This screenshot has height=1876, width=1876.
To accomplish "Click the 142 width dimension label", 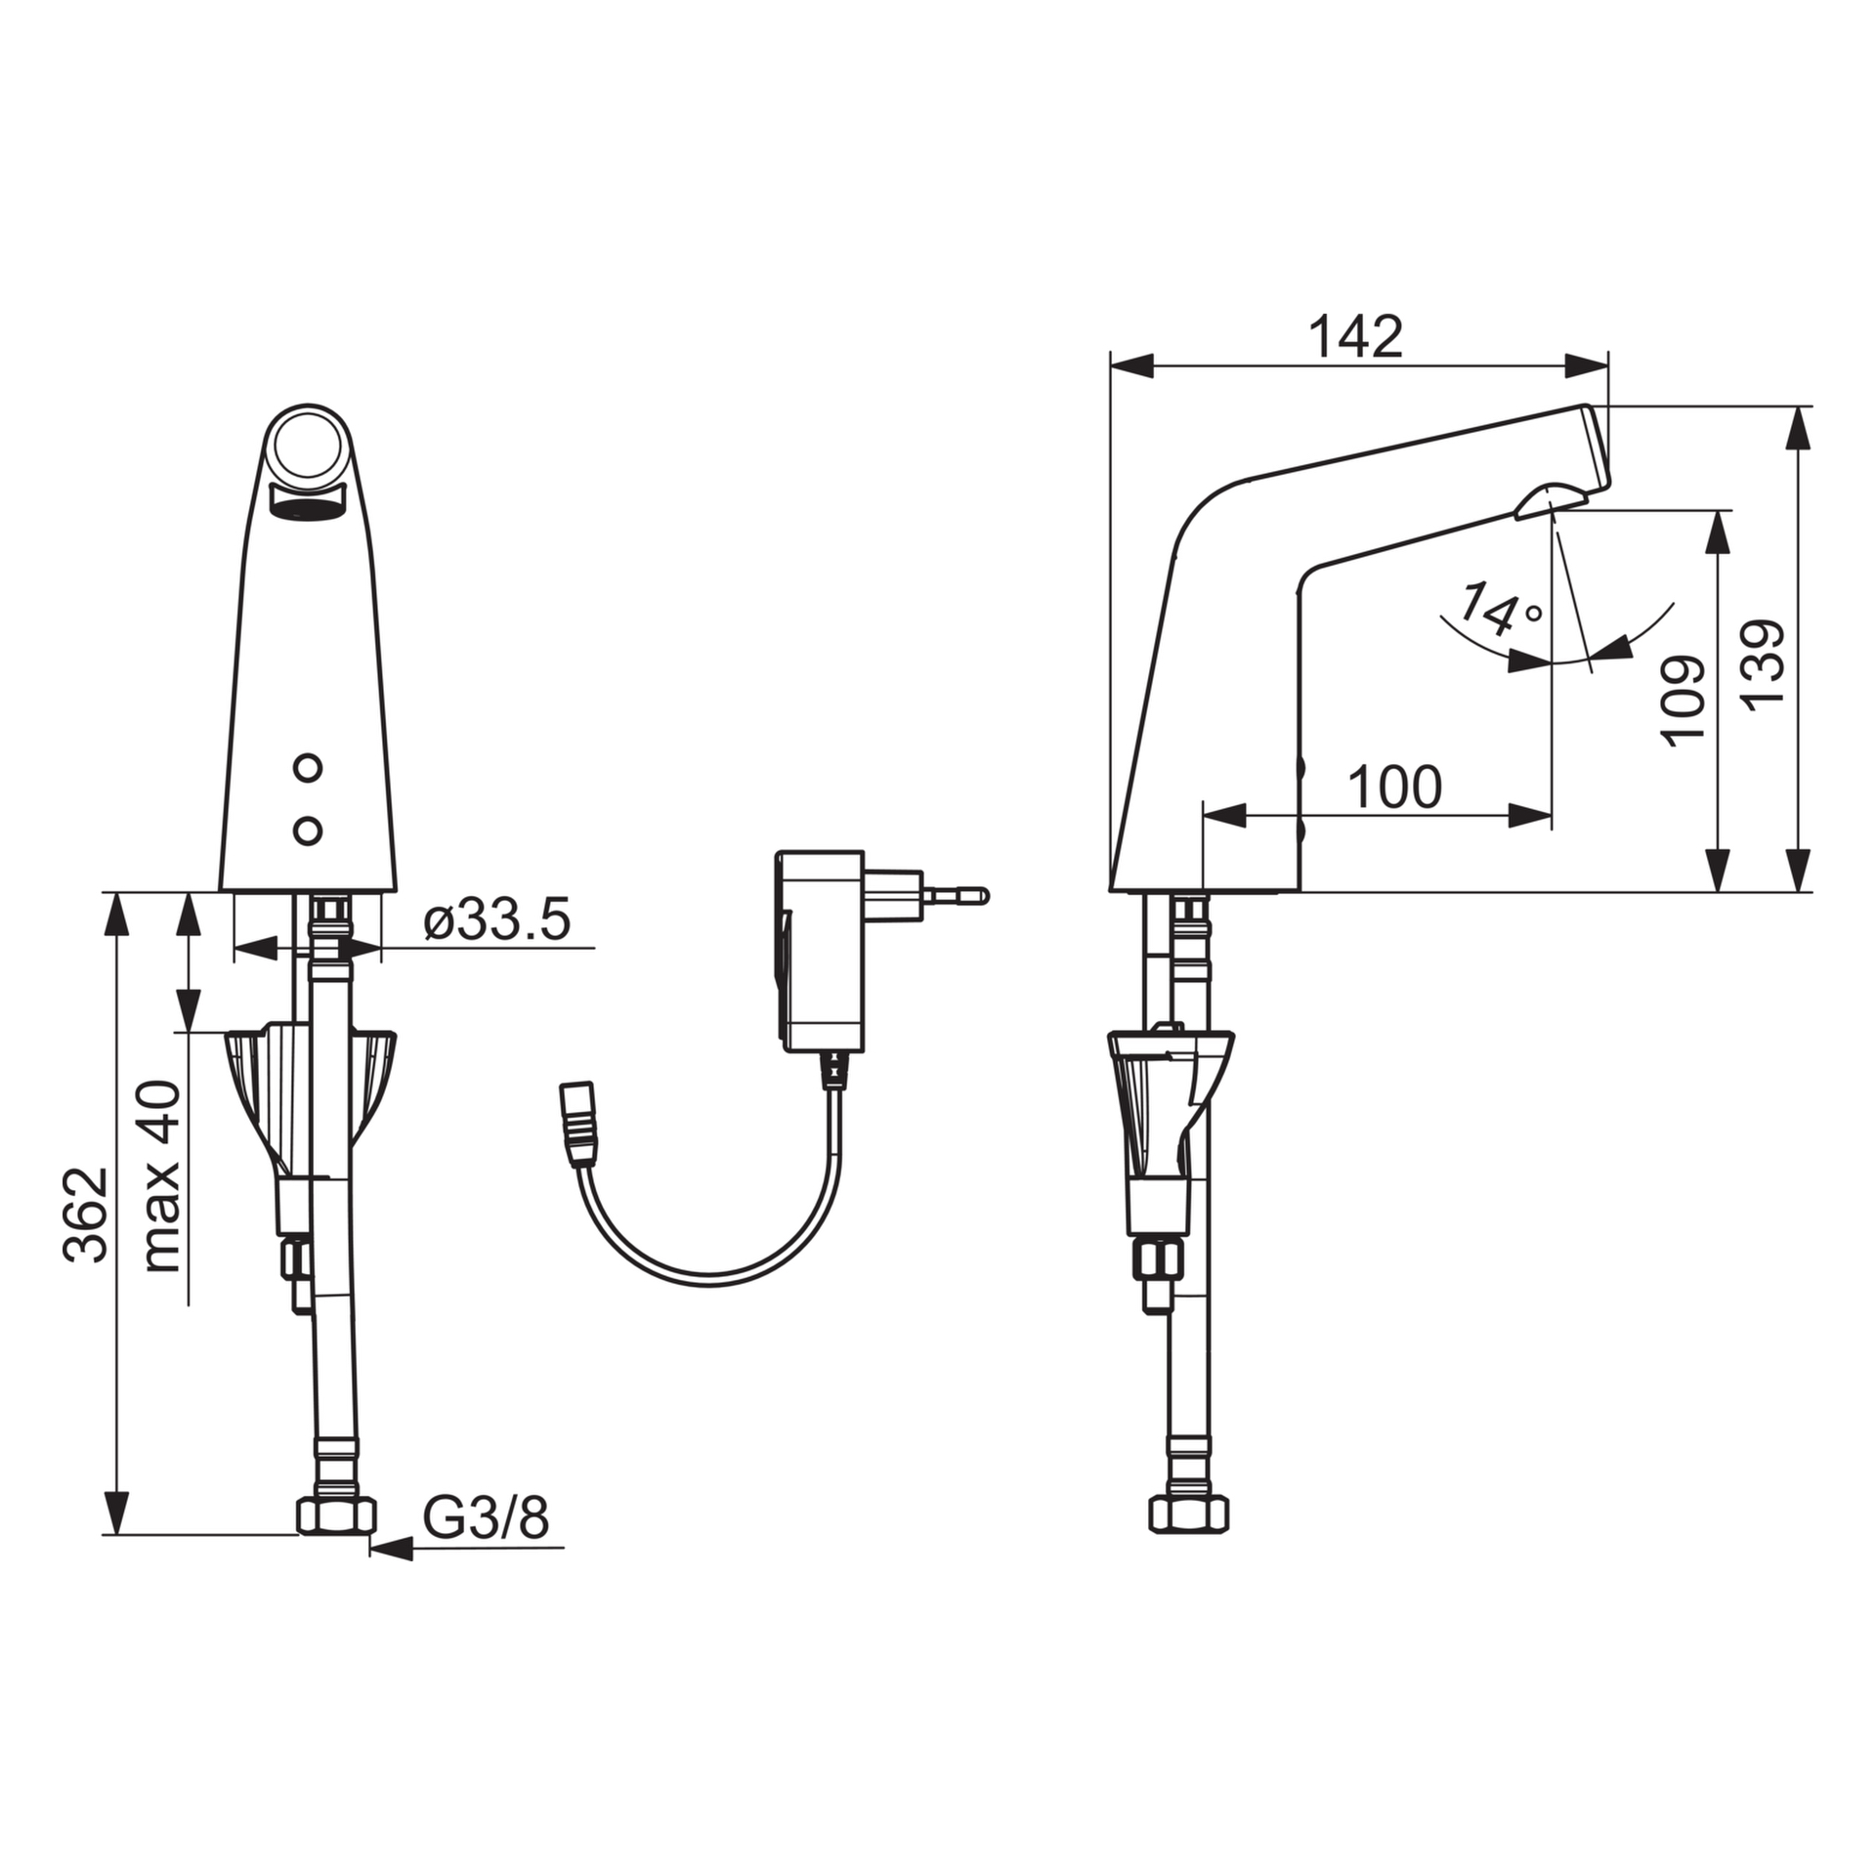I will click(1355, 338).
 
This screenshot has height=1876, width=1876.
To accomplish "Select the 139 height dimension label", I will click(1765, 663).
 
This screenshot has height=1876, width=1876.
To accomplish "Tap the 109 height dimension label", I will click(1684, 702).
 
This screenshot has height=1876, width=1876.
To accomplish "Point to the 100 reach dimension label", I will click(1395, 788).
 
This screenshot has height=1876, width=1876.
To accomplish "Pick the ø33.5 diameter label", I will click(497, 920).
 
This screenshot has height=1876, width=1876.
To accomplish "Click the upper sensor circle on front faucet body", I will click(308, 768).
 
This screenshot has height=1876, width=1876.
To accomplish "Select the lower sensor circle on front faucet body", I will click(308, 831).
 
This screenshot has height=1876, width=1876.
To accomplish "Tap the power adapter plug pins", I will click(954, 894).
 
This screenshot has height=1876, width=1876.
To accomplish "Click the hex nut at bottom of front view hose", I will click(335, 1514).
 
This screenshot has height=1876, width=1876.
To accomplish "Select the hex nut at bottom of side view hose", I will click(1189, 1514).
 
